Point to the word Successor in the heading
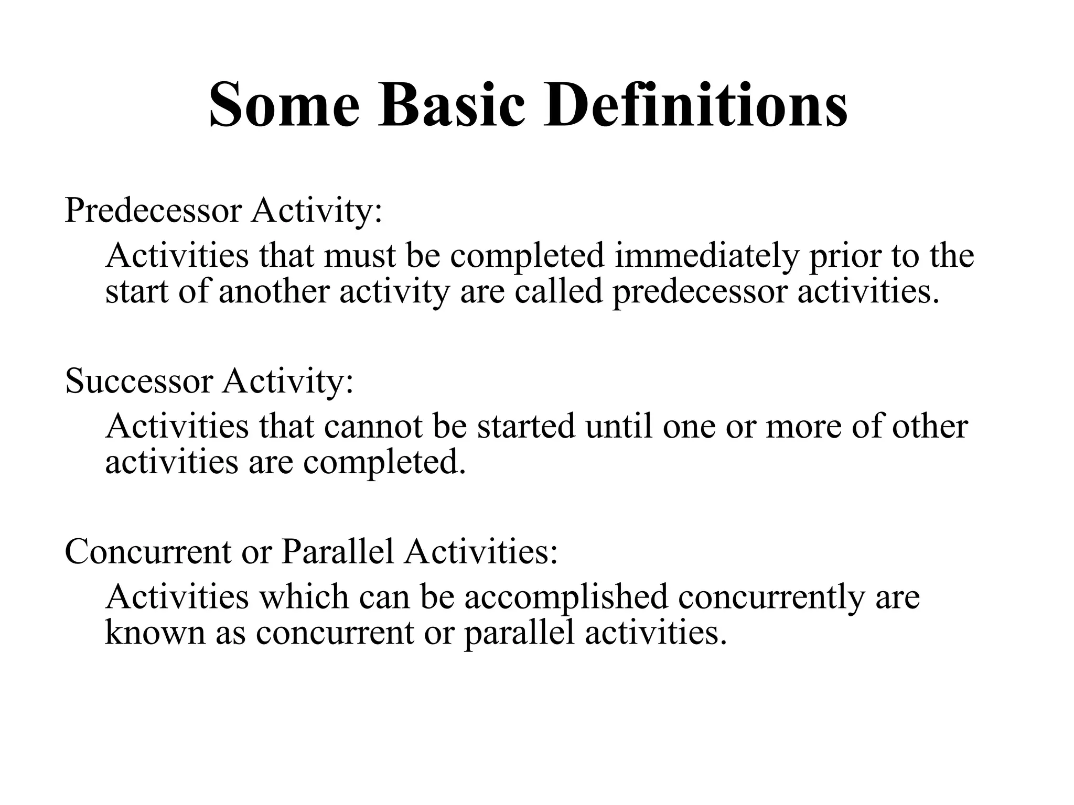139,382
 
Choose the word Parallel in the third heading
337,552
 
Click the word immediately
706,256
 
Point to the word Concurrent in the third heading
148,552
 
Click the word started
526,427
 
